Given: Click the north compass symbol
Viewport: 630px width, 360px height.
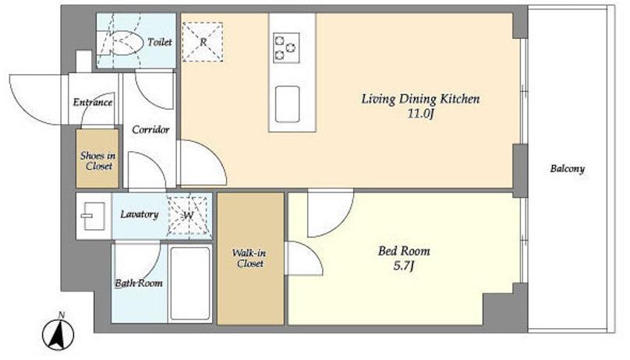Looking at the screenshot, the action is point(58,333).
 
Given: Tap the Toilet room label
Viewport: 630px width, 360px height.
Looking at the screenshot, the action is point(160,42).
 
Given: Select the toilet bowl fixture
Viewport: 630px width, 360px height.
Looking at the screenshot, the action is point(126,43).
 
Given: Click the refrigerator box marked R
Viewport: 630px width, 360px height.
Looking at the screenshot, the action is point(203,42).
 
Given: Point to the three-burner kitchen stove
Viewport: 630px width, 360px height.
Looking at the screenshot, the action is point(286,48).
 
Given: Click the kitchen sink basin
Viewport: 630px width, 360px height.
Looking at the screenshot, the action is point(287,104).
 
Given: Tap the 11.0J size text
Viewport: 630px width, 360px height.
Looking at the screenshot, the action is point(421,114).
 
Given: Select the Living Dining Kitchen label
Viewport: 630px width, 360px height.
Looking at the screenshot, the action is point(420,99).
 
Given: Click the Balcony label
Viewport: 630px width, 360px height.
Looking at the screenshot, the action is point(567,168).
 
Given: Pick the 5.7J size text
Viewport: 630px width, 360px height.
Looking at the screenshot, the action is point(403,266).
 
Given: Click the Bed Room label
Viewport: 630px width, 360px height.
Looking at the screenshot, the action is point(404,251).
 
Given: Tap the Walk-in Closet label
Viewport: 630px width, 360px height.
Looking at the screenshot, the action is point(249,259).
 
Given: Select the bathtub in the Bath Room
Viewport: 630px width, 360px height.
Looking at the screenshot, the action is point(189,284).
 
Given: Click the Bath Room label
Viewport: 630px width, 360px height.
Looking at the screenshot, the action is point(139,284).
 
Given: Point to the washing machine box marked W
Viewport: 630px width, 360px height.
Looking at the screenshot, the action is point(188,216).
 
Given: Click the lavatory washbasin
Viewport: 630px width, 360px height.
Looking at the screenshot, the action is point(94,216).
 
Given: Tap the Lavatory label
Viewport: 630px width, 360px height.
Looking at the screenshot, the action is point(140,214).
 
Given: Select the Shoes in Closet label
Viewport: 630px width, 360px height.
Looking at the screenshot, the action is point(97,161).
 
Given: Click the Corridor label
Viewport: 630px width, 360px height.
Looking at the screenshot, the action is point(150,129).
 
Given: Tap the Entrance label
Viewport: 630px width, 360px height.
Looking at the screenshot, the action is point(93,102).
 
